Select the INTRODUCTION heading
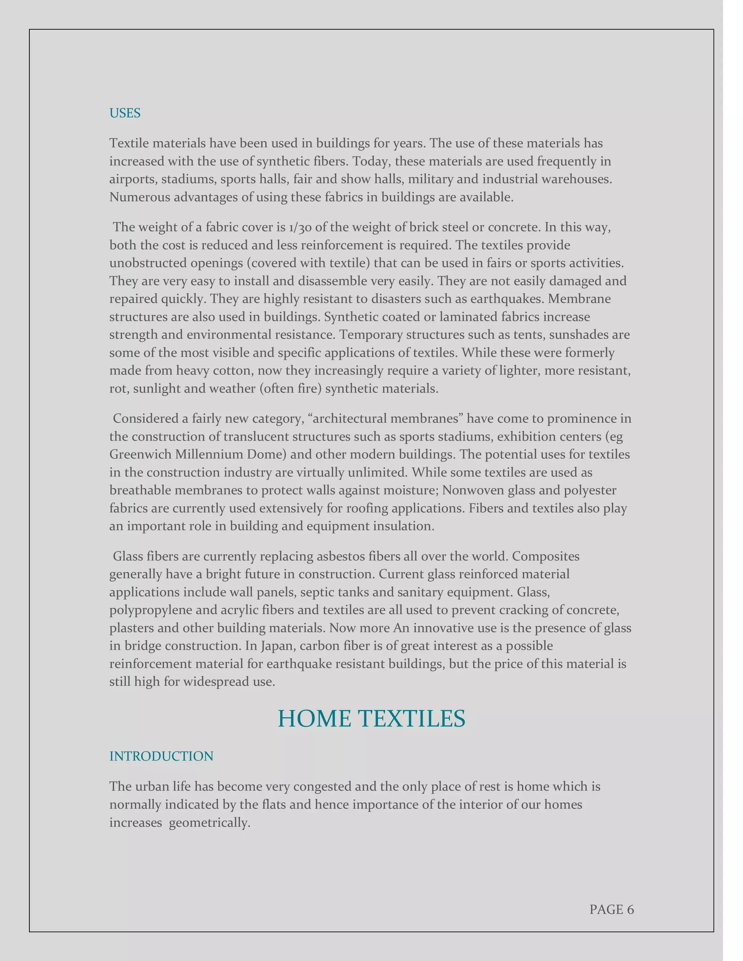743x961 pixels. pos(161,756)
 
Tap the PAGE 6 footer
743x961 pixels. pos(611,909)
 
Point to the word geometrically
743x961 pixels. pos(210,822)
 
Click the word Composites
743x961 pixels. pos(545,556)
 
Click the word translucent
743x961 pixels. pos(256,437)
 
